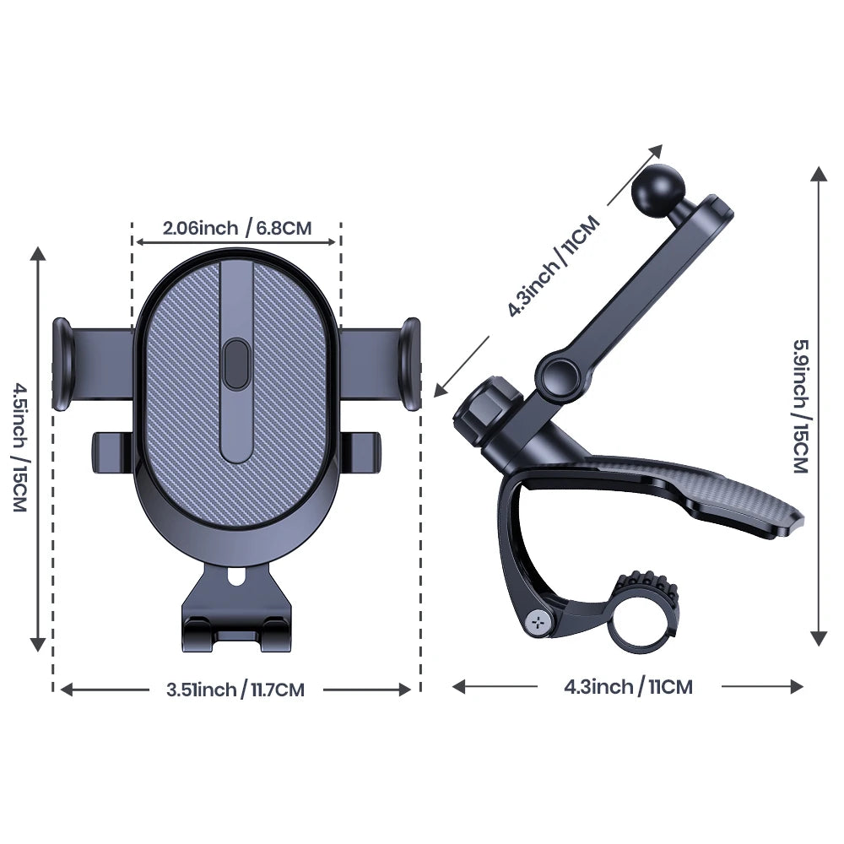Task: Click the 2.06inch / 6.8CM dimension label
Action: click(237, 228)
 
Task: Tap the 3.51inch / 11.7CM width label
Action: click(235, 690)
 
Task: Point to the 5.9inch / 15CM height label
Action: click(799, 405)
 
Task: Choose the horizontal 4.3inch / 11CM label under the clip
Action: click(628, 686)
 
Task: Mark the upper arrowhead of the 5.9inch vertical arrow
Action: click(818, 174)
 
